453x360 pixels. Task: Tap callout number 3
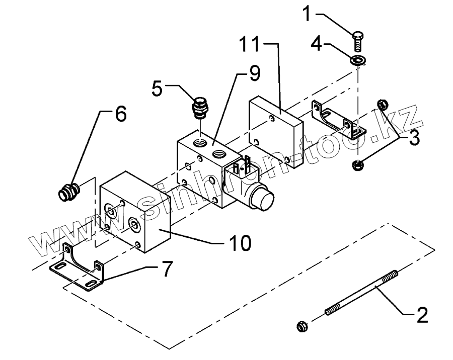click(x=414, y=138)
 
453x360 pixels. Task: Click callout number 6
click(x=120, y=114)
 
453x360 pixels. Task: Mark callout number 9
click(x=254, y=74)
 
